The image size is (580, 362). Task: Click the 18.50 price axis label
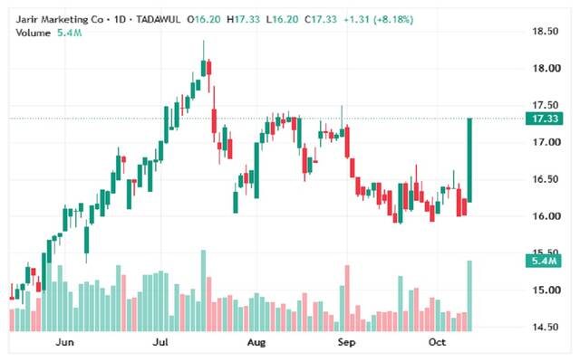pos(546,32)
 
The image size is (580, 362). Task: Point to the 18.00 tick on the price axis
pos(546,69)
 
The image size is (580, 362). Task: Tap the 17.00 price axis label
pos(546,142)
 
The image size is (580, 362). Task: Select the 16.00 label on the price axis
pos(546,216)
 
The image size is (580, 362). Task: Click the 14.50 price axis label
pos(546,327)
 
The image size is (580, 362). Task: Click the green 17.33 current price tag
pos(544,119)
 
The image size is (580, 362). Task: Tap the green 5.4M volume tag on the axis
pos(544,261)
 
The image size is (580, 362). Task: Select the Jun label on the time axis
pos(64,342)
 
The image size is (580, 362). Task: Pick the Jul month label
pos(160,342)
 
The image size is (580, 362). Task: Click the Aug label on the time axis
pos(256,342)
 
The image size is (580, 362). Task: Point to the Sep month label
pos(346,342)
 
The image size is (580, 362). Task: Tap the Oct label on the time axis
pos(437,342)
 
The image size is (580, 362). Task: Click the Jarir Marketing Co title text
pos(59,19)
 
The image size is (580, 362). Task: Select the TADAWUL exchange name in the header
pos(158,19)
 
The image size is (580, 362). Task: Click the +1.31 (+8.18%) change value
pos(378,19)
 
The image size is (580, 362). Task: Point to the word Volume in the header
pos(33,33)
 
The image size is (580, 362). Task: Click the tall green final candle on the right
pos(469,160)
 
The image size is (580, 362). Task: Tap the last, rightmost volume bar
pos(469,296)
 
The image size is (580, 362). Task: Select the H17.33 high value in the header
pos(244,19)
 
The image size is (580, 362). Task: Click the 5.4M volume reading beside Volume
pos(69,33)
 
